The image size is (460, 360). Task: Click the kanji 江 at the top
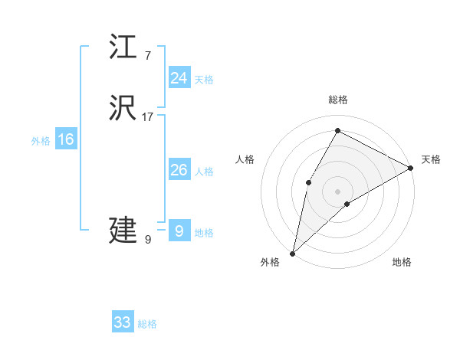[x=123, y=47]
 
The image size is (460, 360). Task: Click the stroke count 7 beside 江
[x=147, y=56]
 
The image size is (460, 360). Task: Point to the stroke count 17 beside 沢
[x=148, y=117]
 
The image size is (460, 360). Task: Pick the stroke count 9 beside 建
[x=147, y=239]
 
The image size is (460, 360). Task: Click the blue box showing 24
[x=179, y=78]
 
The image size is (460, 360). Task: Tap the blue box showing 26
[x=179, y=170]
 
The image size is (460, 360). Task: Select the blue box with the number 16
[x=66, y=139]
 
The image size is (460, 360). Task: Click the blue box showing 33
[x=123, y=322]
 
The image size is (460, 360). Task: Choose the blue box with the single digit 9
[x=179, y=231]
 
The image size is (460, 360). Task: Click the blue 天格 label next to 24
[x=204, y=80]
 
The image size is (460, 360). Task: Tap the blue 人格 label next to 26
[x=204, y=172]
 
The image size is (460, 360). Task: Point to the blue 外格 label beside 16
[x=41, y=141]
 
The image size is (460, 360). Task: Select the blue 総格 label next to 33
[x=147, y=324]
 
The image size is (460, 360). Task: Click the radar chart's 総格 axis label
[x=338, y=100]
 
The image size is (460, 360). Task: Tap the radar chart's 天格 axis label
[x=431, y=159]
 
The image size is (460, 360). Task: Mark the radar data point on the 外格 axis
[x=293, y=253]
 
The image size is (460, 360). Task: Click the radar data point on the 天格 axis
[x=411, y=169]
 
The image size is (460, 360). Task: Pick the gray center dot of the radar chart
[x=337, y=191]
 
